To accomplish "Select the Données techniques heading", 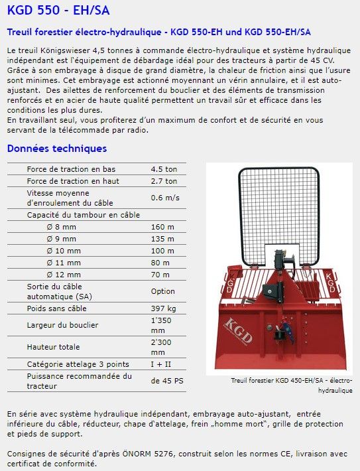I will click(x=56, y=149).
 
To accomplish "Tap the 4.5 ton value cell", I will click(x=164, y=169).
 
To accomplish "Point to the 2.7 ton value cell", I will click(x=164, y=180).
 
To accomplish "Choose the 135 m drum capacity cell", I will click(x=162, y=239).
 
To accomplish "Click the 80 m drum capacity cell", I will click(x=160, y=263).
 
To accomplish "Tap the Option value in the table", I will click(x=163, y=291).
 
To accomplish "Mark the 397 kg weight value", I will click(x=163, y=308).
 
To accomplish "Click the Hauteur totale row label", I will click(x=53, y=347).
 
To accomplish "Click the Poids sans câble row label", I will click(x=56, y=308).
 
